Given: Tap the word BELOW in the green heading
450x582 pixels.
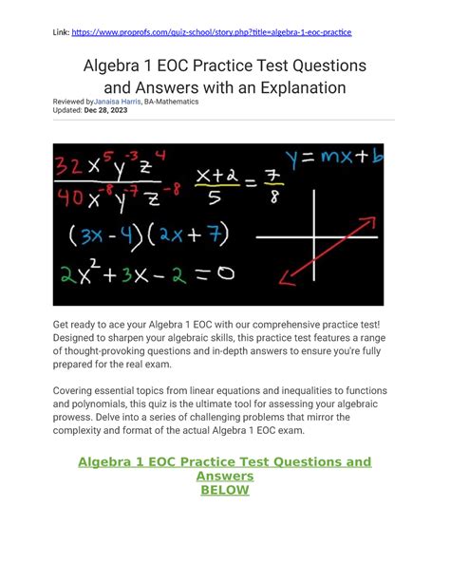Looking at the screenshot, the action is (x=224, y=490).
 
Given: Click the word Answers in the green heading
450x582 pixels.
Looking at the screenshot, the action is (x=224, y=477).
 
